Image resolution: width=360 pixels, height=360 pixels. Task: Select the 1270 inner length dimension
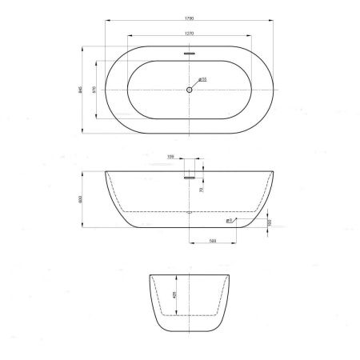coord(190,34)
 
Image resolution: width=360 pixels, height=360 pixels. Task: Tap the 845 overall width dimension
coord(81,90)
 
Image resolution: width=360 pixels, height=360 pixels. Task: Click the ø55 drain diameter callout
coord(202,79)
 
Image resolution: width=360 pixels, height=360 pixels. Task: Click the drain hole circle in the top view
coord(190,90)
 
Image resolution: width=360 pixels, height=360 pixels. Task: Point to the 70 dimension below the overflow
coord(200,190)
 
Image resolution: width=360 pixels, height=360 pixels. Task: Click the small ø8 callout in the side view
coord(229,220)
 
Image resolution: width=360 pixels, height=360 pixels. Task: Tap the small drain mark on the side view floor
coord(190,213)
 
